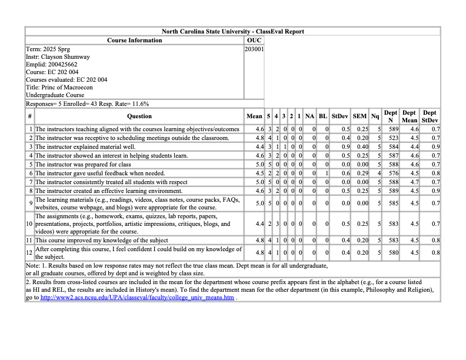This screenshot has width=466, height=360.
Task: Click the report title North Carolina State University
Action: click(x=232, y=31)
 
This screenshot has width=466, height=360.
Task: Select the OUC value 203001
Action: click(x=254, y=49)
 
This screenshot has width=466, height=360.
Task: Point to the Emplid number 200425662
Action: click(x=52, y=65)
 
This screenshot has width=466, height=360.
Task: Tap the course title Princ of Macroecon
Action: click(x=59, y=87)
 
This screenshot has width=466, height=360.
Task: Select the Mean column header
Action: click(x=254, y=116)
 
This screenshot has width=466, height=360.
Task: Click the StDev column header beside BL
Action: click(x=339, y=116)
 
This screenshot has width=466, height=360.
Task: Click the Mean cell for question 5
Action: click(x=258, y=165)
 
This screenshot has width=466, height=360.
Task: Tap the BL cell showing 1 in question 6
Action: click(x=325, y=174)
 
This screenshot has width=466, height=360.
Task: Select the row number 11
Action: click(x=29, y=240)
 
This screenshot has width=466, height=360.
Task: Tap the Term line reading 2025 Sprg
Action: click(x=48, y=49)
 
